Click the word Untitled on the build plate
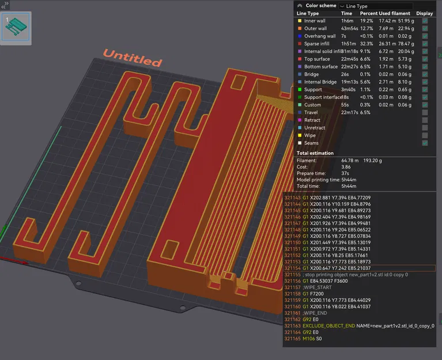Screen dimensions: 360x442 132,58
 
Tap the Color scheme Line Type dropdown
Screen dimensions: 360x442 375,6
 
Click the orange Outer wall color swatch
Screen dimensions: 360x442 299,28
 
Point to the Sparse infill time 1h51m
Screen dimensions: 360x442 348,44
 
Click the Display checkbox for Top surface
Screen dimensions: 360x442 425,59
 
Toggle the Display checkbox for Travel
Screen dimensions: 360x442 425,112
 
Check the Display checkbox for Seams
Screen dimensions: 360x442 425,143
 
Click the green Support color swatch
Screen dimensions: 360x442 299,89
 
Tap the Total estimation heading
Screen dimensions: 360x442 315,153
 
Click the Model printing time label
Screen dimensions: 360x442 318,180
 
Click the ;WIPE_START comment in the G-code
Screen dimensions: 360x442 317,287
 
